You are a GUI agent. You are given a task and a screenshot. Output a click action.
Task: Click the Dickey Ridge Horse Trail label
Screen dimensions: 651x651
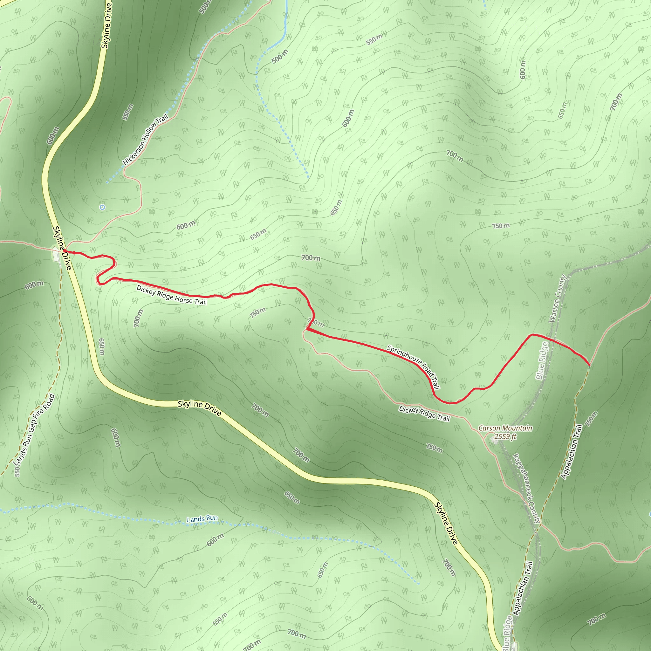tap(172, 295)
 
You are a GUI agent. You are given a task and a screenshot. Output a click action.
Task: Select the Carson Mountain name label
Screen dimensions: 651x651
tap(505, 428)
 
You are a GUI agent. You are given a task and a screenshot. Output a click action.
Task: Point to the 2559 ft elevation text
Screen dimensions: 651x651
tap(505, 437)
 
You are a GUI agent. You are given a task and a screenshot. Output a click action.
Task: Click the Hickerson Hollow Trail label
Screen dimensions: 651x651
tap(145, 140)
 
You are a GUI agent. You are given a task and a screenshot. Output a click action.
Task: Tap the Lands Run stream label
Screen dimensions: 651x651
tap(202, 519)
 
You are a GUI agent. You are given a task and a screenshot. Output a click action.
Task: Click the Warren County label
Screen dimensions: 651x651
tap(558, 298)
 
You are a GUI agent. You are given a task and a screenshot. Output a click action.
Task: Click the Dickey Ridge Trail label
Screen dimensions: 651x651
tap(424, 414)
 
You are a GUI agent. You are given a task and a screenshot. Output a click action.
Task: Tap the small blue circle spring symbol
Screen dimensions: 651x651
tap(102, 207)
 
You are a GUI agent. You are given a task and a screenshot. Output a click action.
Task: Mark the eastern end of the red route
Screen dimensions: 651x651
tap(589, 365)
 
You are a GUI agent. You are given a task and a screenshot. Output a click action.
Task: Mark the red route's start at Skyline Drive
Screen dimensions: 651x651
tap(64, 251)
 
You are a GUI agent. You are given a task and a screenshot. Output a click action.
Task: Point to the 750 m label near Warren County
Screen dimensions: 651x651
tap(501, 226)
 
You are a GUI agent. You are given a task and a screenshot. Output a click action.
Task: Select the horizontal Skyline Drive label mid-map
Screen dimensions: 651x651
tap(200, 408)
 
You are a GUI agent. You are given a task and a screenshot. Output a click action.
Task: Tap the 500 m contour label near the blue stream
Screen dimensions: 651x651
tap(280, 57)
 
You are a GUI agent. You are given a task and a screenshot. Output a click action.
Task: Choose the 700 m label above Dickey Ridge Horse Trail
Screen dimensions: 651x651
tap(311, 258)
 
